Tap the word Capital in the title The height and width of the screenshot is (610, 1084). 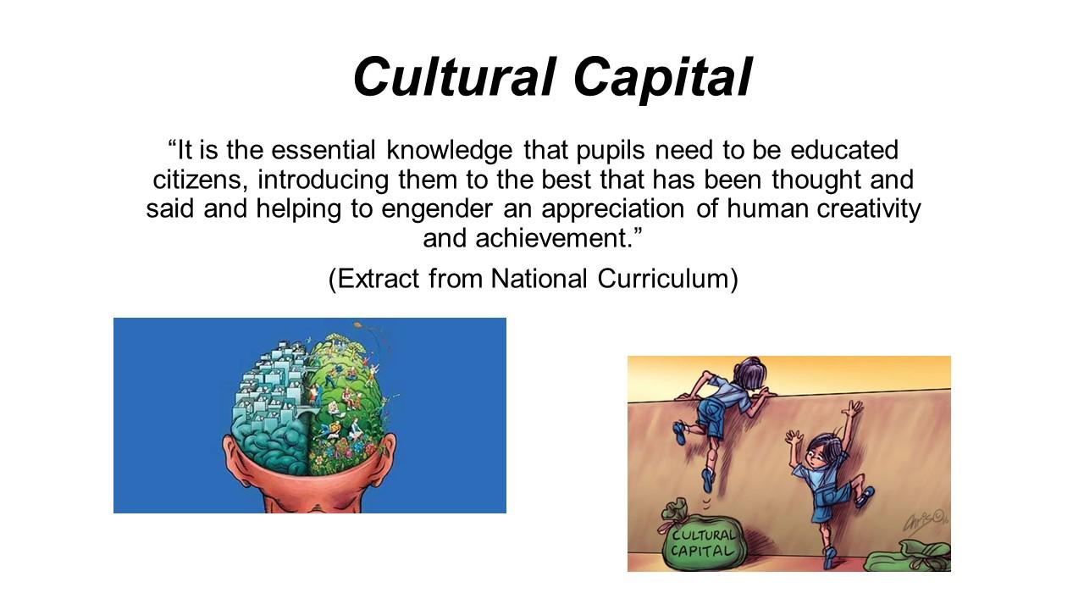pos(662,79)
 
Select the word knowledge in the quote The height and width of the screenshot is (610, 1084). pos(449,151)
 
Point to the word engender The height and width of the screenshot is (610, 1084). pos(436,209)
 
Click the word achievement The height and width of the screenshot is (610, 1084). pos(554,239)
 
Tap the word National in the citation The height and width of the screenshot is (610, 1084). pos(539,279)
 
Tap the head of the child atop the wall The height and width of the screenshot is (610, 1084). pos(749,374)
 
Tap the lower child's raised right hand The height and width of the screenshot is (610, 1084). pos(853,409)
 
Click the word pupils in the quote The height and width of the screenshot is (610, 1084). pos(611,151)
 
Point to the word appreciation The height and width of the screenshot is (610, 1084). pos(612,209)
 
